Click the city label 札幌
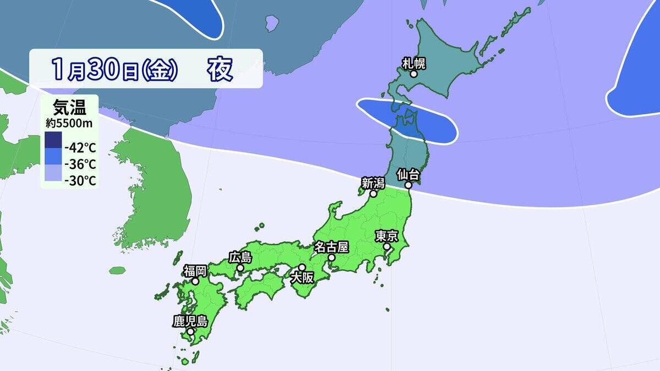point(414,63)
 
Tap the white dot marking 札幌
point(414,74)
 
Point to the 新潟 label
point(373,182)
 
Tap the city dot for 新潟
point(373,193)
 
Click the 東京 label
point(387,236)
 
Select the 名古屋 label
point(332,246)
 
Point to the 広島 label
point(240,257)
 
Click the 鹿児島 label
point(190,321)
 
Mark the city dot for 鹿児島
point(190,332)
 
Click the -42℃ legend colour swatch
point(53,140)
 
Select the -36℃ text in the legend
point(80,164)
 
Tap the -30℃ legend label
point(80,180)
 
